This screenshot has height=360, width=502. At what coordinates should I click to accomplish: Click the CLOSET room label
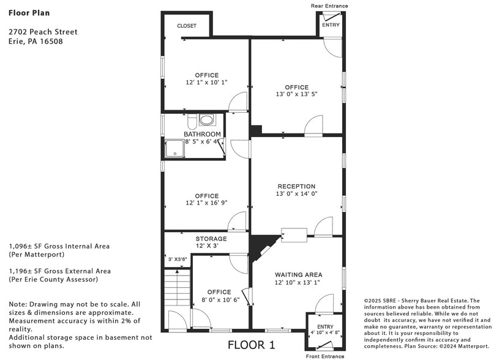187,26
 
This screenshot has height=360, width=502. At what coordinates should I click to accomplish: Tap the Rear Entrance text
329,6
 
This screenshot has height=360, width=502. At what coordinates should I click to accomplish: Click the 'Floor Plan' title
29,12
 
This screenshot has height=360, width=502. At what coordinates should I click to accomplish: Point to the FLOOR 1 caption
251,345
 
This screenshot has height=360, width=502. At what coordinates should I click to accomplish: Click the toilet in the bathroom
190,120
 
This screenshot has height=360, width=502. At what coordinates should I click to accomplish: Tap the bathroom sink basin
208,120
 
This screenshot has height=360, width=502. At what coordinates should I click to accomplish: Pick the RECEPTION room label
296,186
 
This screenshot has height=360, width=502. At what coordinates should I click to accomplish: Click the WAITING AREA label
298,275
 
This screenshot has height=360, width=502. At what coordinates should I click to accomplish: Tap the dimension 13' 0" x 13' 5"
296,94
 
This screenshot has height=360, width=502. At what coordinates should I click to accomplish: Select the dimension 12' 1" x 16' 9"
206,203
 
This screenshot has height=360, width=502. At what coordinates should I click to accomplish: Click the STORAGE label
211,239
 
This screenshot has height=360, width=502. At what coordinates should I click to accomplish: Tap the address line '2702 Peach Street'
43,32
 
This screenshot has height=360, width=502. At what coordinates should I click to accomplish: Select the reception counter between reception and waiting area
294,235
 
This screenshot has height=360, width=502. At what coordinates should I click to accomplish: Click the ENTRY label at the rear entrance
331,25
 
